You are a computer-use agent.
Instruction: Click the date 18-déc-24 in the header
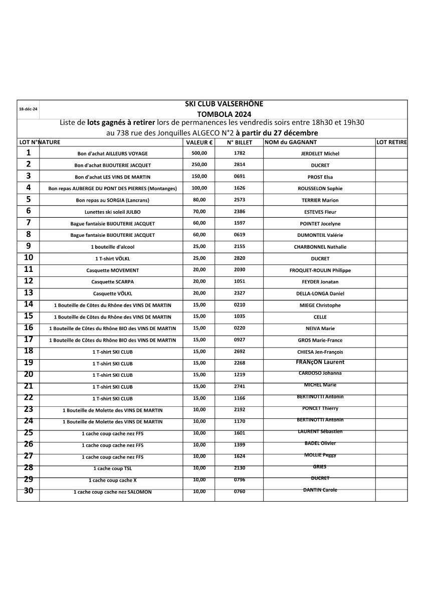click(28, 109)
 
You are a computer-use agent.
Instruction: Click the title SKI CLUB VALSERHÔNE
click(224, 104)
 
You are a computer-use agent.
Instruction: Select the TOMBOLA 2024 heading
click(224, 114)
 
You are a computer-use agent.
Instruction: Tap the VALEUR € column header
click(199, 142)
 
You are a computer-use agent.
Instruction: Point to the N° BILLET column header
click(239, 142)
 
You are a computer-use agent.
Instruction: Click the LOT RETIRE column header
click(391, 142)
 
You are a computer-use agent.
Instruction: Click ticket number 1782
click(239, 153)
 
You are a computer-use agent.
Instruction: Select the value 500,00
click(199, 153)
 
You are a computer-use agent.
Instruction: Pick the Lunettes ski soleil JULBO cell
click(112, 212)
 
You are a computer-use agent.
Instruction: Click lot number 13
click(29, 292)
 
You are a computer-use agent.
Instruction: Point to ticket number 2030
click(239, 270)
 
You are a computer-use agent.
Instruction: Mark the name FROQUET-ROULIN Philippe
click(320, 270)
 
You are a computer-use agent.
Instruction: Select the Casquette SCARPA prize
click(112, 282)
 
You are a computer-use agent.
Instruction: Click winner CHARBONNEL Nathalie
click(320, 247)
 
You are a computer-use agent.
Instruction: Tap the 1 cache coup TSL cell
click(112, 469)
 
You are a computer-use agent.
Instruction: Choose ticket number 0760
click(239, 492)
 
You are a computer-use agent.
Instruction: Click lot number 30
click(29, 491)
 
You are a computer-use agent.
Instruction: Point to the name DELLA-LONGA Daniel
click(320, 293)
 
